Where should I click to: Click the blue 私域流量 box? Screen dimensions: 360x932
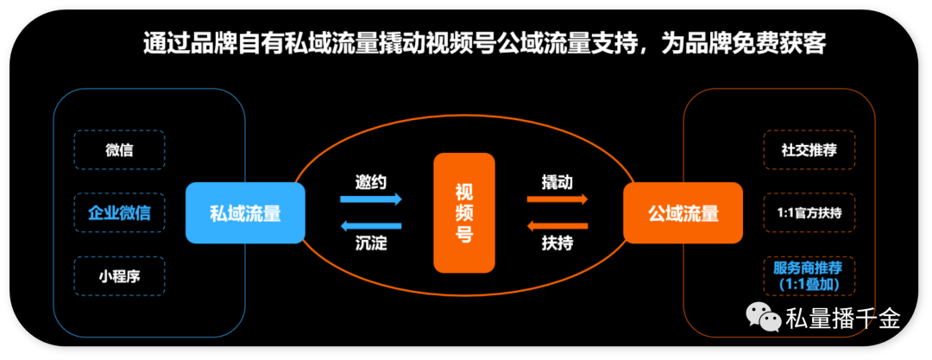[246, 212]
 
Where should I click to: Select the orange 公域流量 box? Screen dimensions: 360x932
[683, 212]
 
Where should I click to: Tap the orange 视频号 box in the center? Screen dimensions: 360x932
[463, 212]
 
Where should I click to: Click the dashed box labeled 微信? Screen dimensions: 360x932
[119, 149]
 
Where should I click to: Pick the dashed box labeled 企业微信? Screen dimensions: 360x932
[119, 212]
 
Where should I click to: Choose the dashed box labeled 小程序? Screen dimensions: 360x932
[119, 276]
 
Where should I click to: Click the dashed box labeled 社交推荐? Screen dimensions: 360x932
[809, 149]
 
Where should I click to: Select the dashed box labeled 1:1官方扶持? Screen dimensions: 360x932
[809, 212]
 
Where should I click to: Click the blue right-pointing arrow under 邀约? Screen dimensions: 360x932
[371, 199]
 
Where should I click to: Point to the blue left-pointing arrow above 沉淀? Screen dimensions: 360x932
[371, 226]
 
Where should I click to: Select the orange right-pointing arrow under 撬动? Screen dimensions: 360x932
[557, 199]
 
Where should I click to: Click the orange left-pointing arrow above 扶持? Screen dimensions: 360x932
[557, 226]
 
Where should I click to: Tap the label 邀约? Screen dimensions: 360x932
[371, 182]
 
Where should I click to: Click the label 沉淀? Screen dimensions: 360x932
[371, 243]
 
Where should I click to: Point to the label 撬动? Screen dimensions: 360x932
[557, 182]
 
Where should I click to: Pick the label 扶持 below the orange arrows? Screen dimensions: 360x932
[557, 243]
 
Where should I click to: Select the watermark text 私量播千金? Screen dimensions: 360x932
[843, 319]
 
